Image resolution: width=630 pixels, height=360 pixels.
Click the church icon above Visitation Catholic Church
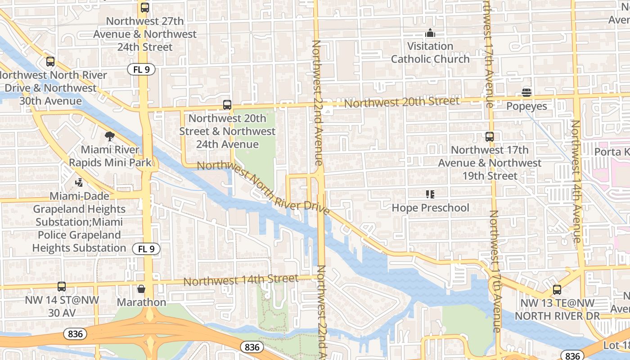coord(430,33)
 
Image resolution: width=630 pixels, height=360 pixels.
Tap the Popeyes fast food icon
coord(526,93)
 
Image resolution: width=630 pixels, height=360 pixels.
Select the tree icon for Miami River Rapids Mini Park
coord(109,136)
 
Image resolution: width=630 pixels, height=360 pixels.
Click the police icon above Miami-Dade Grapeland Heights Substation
coord(79,183)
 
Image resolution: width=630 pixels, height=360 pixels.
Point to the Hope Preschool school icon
coord(430,194)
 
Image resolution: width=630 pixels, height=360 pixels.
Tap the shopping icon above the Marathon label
coord(141,288)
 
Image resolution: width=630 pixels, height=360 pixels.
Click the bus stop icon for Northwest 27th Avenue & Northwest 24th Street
coord(144,8)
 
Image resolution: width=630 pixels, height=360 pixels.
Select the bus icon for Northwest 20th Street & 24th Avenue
coord(227,105)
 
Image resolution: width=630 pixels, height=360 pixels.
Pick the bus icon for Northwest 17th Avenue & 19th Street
coord(490,136)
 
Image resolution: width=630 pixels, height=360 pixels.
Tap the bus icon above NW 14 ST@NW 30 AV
coord(62,286)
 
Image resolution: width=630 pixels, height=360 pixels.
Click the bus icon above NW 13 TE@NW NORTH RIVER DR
coord(557,290)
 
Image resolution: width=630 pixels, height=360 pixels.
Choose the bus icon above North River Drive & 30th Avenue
coord(50,62)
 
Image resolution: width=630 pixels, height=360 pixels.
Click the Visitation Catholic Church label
coord(430,53)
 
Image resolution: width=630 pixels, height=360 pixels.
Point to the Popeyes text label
coord(526,106)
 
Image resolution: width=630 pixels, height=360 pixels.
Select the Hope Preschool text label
coord(430,208)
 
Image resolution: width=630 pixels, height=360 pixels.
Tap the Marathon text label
coord(141,302)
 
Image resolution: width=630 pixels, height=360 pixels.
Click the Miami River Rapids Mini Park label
coord(110,156)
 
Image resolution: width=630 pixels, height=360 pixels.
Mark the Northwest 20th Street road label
coord(402,102)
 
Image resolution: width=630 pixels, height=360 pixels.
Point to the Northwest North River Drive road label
coord(263,188)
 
